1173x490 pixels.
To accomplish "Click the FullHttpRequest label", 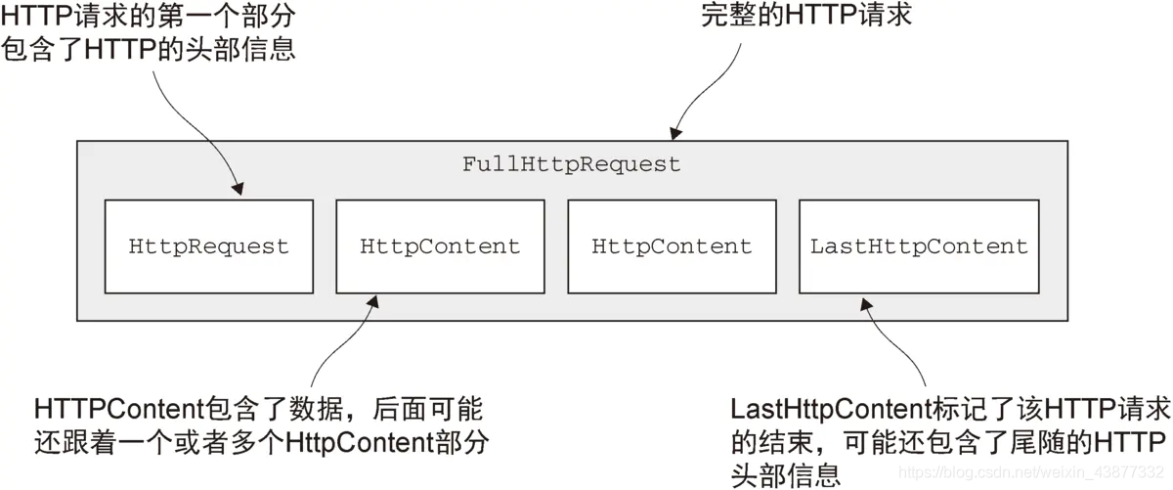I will [571, 164].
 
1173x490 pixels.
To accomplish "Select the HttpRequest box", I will [209, 246].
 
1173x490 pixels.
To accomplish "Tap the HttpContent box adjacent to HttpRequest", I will [440, 246].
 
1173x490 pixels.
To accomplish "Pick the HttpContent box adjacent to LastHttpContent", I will [672, 246].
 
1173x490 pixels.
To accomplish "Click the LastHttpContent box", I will [919, 246].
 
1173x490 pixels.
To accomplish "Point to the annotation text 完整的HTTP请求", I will [806, 16].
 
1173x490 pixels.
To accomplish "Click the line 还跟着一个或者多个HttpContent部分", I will [260, 441].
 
